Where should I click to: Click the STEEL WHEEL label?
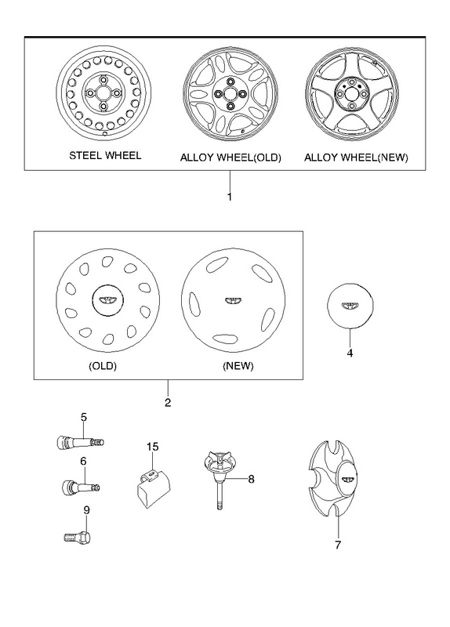pyautogui.click(x=105, y=155)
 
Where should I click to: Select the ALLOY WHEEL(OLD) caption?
pyautogui.click(x=230, y=158)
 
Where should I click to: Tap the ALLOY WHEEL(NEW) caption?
pyautogui.click(x=356, y=158)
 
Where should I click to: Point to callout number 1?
pyautogui.click(x=230, y=197)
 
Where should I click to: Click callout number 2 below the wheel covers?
pyautogui.click(x=168, y=402)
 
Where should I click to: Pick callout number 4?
pyautogui.click(x=350, y=353)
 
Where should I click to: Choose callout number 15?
pyautogui.click(x=152, y=447)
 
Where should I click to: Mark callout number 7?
pyautogui.click(x=338, y=545)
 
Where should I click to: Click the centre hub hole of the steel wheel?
pyautogui.click(x=103, y=92)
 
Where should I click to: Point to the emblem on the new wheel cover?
pyautogui.click(x=232, y=302)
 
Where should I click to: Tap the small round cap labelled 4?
pyautogui.click(x=350, y=306)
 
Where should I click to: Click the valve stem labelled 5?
pyautogui.click(x=81, y=442)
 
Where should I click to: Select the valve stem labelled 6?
pyautogui.click(x=81, y=487)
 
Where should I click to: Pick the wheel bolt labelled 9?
pyautogui.click(x=77, y=536)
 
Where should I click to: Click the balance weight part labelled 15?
pyautogui.click(x=151, y=487)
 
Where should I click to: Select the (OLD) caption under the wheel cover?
pyautogui.click(x=103, y=366)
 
